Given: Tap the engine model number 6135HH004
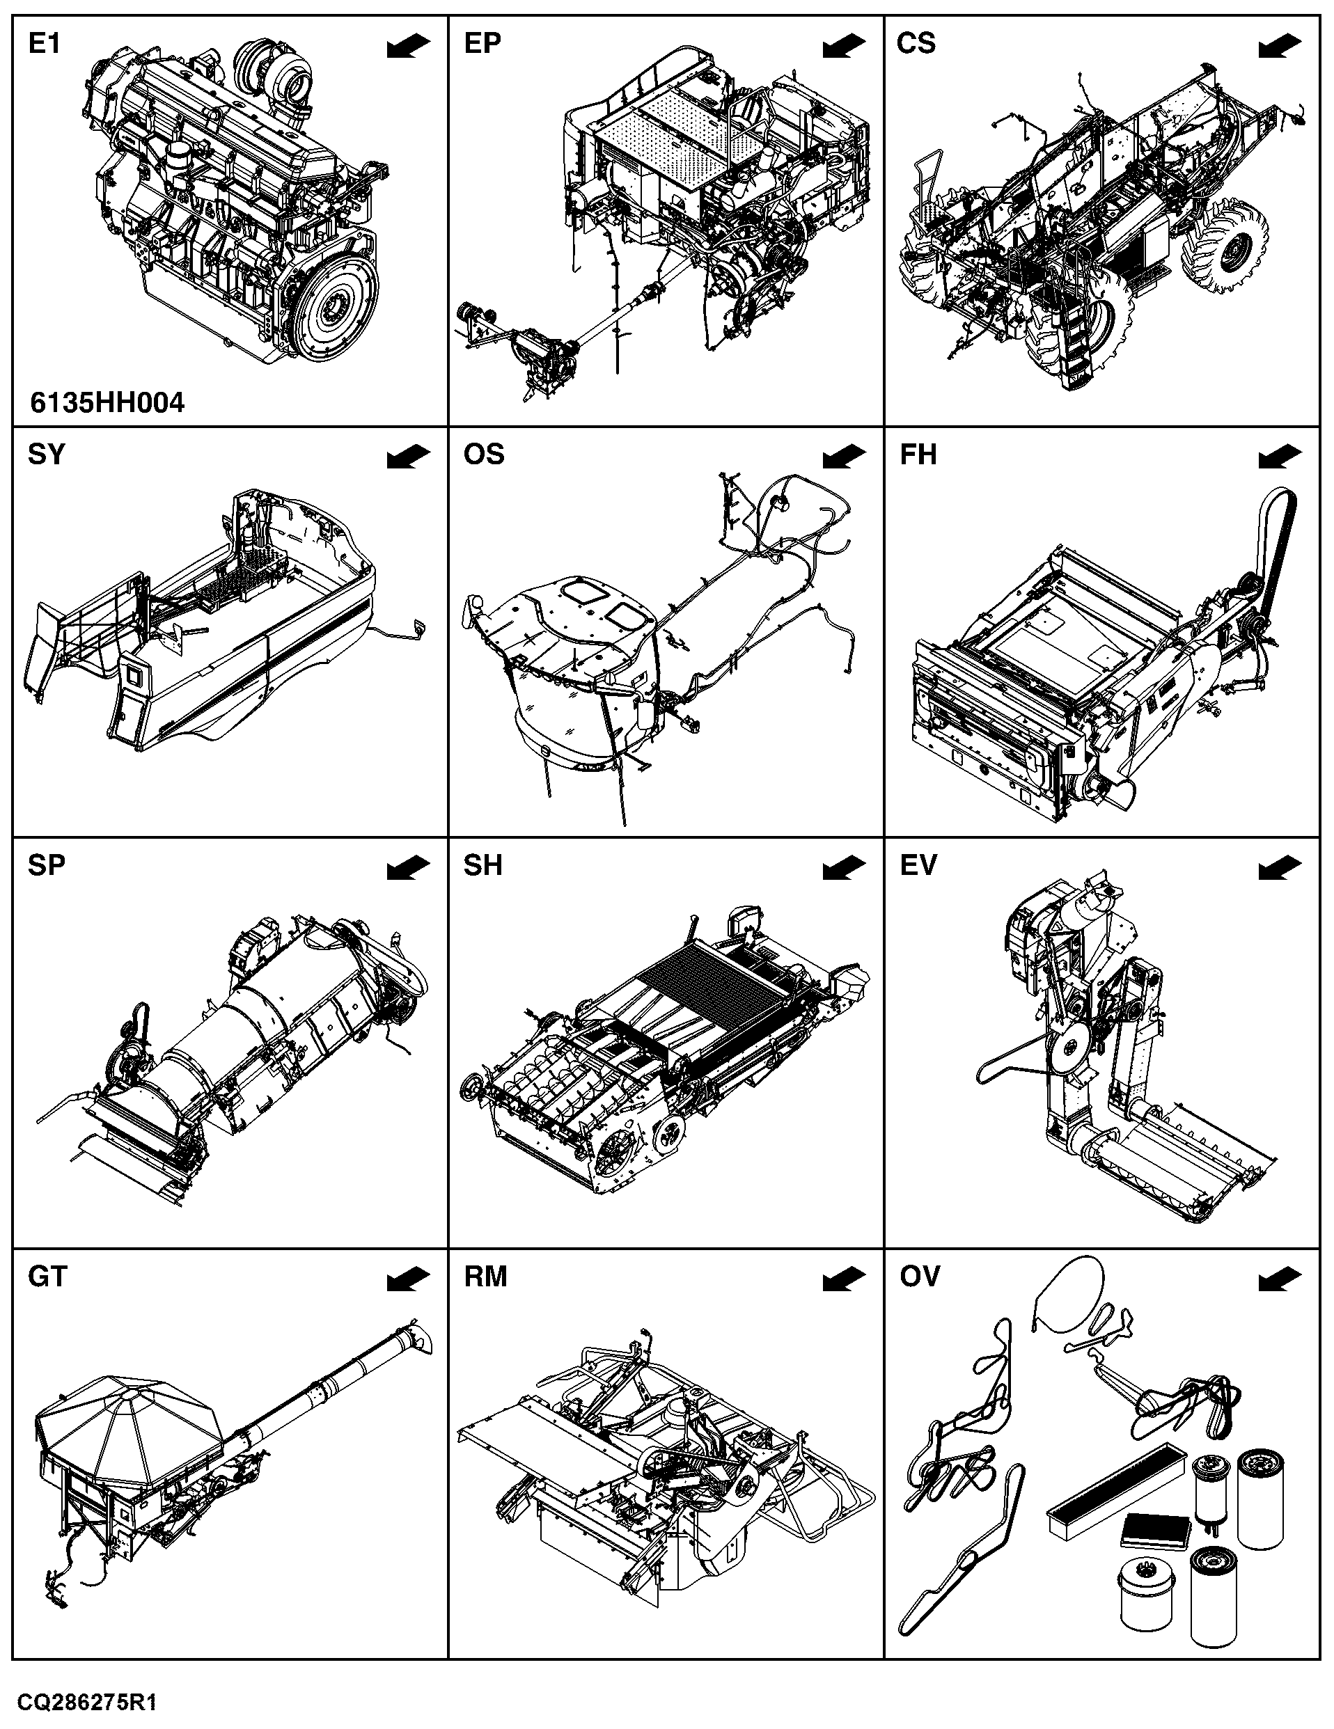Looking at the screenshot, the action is tap(108, 403).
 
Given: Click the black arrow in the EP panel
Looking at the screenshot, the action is tap(844, 46).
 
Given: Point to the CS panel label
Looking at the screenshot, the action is tap(916, 44).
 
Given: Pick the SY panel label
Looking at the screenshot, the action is tap(46, 455).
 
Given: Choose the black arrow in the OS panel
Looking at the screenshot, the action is tap(844, 457).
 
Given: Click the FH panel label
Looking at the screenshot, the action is tap(918, 455).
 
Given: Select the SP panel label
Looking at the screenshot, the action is tap(46, 865).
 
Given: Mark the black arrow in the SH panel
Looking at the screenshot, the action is tap(844, 868).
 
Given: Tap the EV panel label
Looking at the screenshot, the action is tap(918, 865).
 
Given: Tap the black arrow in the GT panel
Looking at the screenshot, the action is tap(409, 1279).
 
